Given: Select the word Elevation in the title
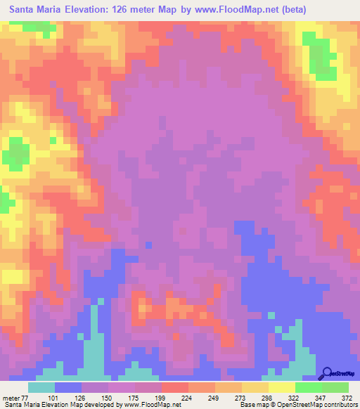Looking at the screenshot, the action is [79, 9].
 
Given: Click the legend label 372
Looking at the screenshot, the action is [347, 398].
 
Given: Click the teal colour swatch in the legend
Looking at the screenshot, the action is [41, 387].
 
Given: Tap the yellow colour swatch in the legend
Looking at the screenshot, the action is [282, 387].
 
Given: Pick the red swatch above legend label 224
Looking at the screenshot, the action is [175, 387].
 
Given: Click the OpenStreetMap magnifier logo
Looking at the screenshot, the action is [327, 372].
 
